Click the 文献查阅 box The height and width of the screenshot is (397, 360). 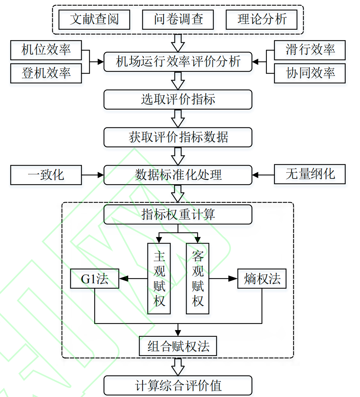(x=94, y=20)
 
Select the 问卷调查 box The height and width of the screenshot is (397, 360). (x=178, y=20)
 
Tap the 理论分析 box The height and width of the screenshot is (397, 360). (x=262, y=20)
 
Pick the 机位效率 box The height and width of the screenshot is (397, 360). (x=46, y=50)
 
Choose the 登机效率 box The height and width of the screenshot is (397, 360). (x=46, y=73)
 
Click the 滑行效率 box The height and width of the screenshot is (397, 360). (x=310, y=50)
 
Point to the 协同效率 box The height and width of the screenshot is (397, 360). (x=310, y=73)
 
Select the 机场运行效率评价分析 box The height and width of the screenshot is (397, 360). (x=178, y=62)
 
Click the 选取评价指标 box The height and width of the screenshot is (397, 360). (x=178, y=99)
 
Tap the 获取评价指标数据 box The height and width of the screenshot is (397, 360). (x=178, y=137)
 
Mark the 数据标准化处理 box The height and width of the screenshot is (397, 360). (x=178, y=175)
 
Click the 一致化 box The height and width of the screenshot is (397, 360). (x=46, y=175)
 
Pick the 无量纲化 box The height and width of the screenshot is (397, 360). (x=310, y=174)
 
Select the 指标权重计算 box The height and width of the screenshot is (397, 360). (x=178, y=214)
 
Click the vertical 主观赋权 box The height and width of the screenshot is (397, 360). (x=159, y=278)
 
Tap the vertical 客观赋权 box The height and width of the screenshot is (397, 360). (x=198, y=278)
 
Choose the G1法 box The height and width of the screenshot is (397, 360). (x=95, y=279)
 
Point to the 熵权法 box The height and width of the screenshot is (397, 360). (x=262, y=279)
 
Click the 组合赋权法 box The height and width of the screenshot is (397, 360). (x=178, y=346)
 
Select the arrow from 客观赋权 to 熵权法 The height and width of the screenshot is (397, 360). (x=223, y=279)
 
